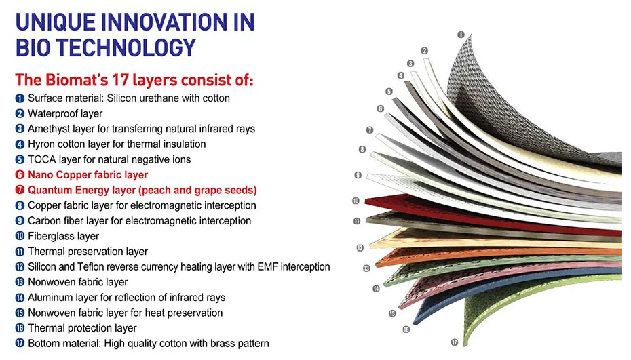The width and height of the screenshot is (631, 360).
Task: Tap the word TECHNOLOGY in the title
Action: point(126,47)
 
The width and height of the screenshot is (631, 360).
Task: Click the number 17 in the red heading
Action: point(120,79)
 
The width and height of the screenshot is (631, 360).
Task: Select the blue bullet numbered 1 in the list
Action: point(20,98)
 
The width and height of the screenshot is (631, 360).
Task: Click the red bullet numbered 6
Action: point(20,175)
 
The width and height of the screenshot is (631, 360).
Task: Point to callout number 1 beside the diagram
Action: point(461,35)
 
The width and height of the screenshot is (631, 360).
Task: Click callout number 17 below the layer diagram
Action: point(455,342)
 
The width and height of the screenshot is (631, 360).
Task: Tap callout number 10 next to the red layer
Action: point(356,201)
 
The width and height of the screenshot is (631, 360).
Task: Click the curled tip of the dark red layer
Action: point(367,201)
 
